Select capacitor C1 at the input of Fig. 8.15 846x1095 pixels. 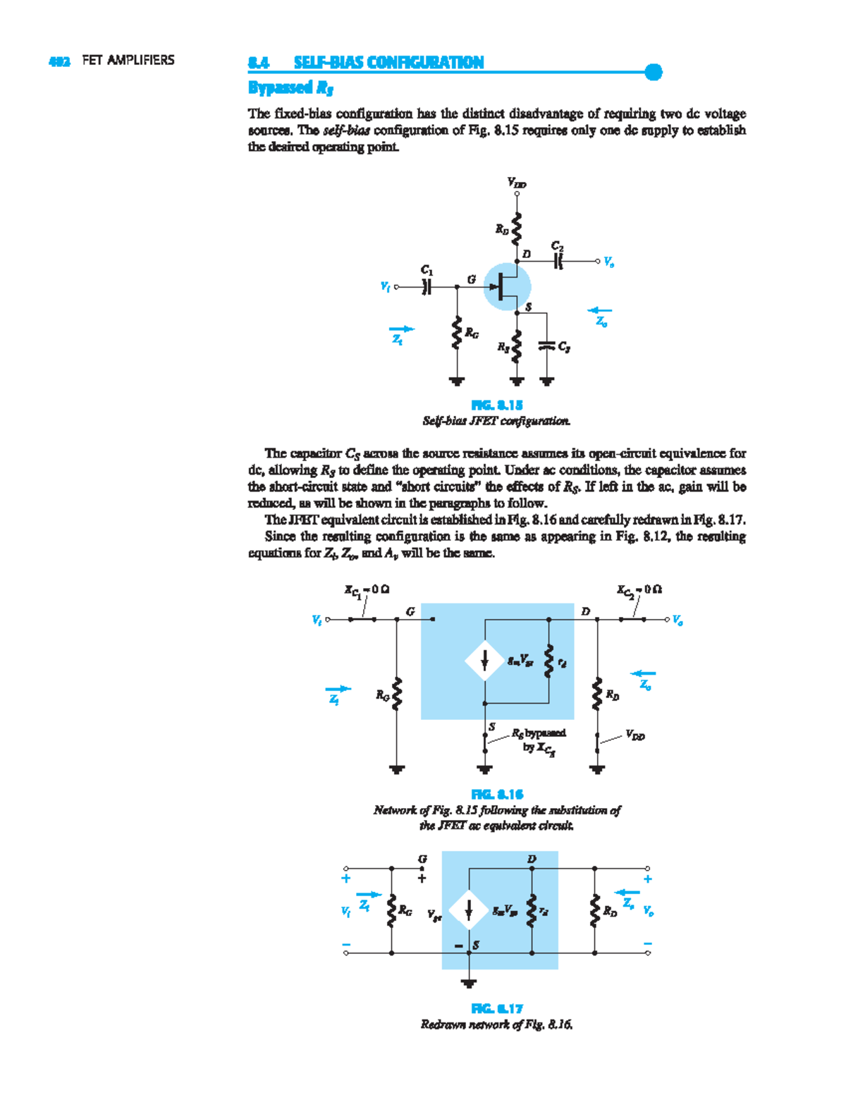(x=427, y=287)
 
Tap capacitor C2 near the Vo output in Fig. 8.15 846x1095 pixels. (x=558, y=262)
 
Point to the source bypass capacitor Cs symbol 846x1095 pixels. (x=547, y=345)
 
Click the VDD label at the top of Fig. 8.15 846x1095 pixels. (x=517, y=183)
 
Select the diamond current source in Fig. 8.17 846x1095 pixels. (x=469, y=910)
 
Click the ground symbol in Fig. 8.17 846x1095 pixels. (x=469, y=982)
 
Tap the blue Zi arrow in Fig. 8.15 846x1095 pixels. (x=401, y=329)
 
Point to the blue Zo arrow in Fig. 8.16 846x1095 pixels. (x=643, y=674)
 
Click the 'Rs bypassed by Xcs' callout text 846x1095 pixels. (x=539, y=740)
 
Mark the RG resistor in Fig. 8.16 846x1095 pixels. (x=397, y=695)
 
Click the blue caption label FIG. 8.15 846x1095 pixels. (x=497, y=405)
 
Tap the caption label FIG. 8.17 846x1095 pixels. (x=497, y=1009)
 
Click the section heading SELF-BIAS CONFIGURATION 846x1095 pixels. (x=388, y=63)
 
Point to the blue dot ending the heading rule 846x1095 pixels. (x=654, y=72)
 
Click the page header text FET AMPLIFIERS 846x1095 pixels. (x=128, y=61)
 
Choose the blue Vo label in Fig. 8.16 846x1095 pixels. (x=678, y=620)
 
